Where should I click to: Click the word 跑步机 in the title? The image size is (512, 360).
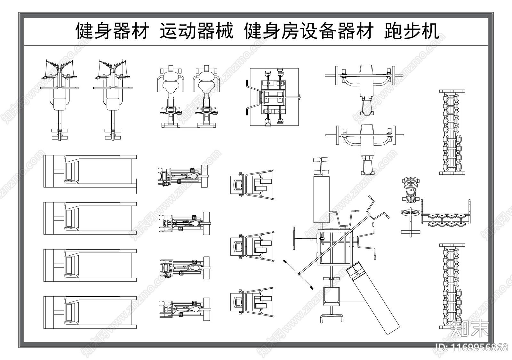[x=412, y=31]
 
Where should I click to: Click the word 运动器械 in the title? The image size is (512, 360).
[x=196, y=31]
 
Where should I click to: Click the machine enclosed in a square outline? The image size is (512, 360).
[x=274, y=97]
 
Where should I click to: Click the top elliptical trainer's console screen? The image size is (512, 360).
[x=238, y=185]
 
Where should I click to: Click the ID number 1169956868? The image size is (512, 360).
[x=472, y=347]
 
